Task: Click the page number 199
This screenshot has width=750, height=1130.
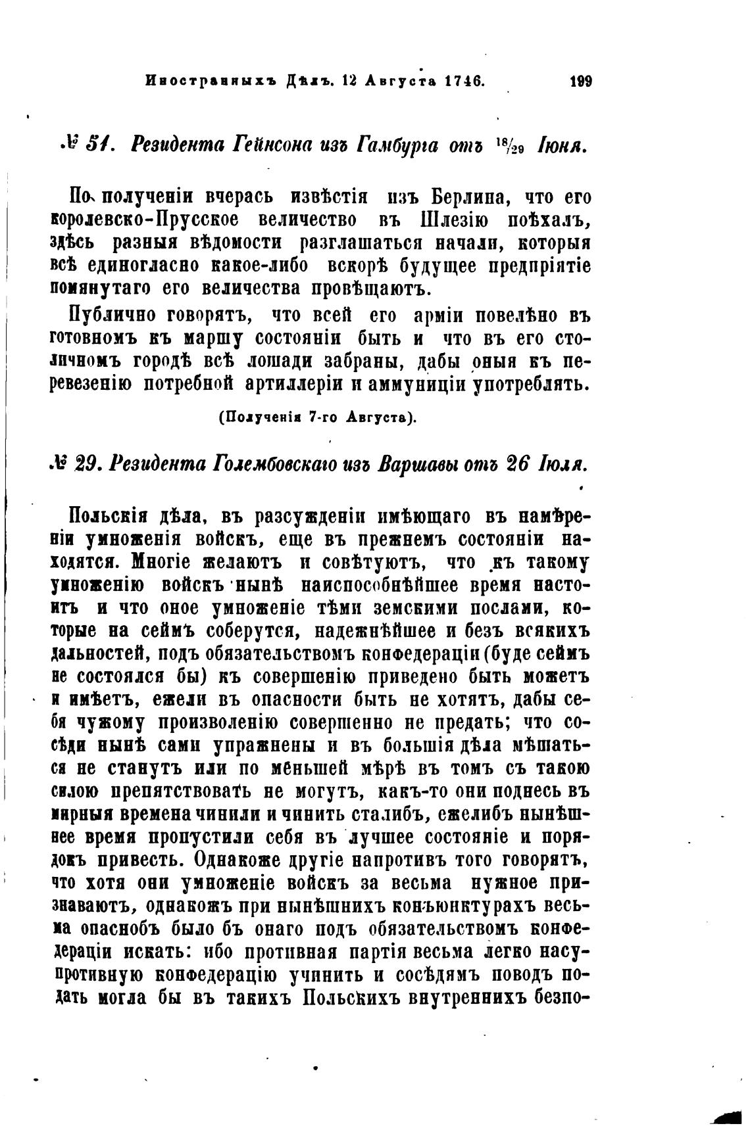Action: [x=581, y=82]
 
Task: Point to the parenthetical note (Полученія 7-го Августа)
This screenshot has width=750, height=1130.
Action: [x=317, y=417]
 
